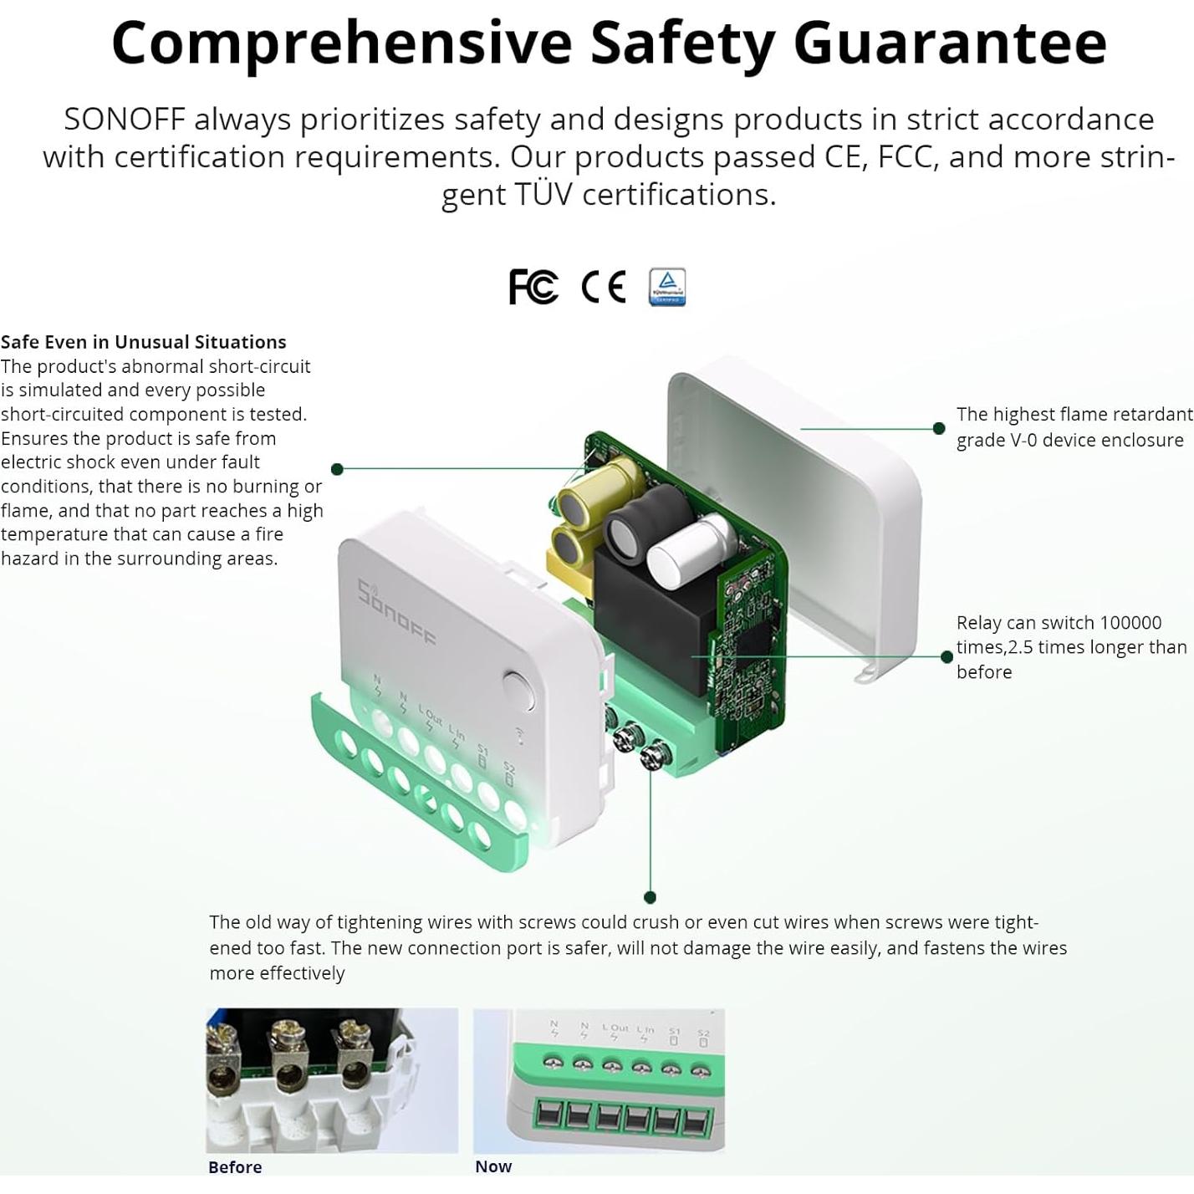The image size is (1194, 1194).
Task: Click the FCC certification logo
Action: pos(533,287)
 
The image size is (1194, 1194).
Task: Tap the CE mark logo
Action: pos(603,287)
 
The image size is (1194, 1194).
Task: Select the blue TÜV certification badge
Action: pos(667,287)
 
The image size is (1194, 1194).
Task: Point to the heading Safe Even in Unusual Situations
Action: pos(143,342)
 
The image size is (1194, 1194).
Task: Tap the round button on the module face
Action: pos(518,691)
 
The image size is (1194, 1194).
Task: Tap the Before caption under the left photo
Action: pos(235,1167)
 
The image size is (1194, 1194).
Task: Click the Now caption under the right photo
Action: pos(493,1166)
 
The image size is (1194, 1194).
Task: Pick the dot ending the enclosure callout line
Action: pos(939,428)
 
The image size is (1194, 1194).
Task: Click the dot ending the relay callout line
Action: pos(947,656)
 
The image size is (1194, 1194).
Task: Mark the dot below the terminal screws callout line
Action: pos(650,897)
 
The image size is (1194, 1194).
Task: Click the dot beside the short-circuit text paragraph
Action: pos(337,469)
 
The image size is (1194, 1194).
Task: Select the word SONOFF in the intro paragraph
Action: pos(125,120)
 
